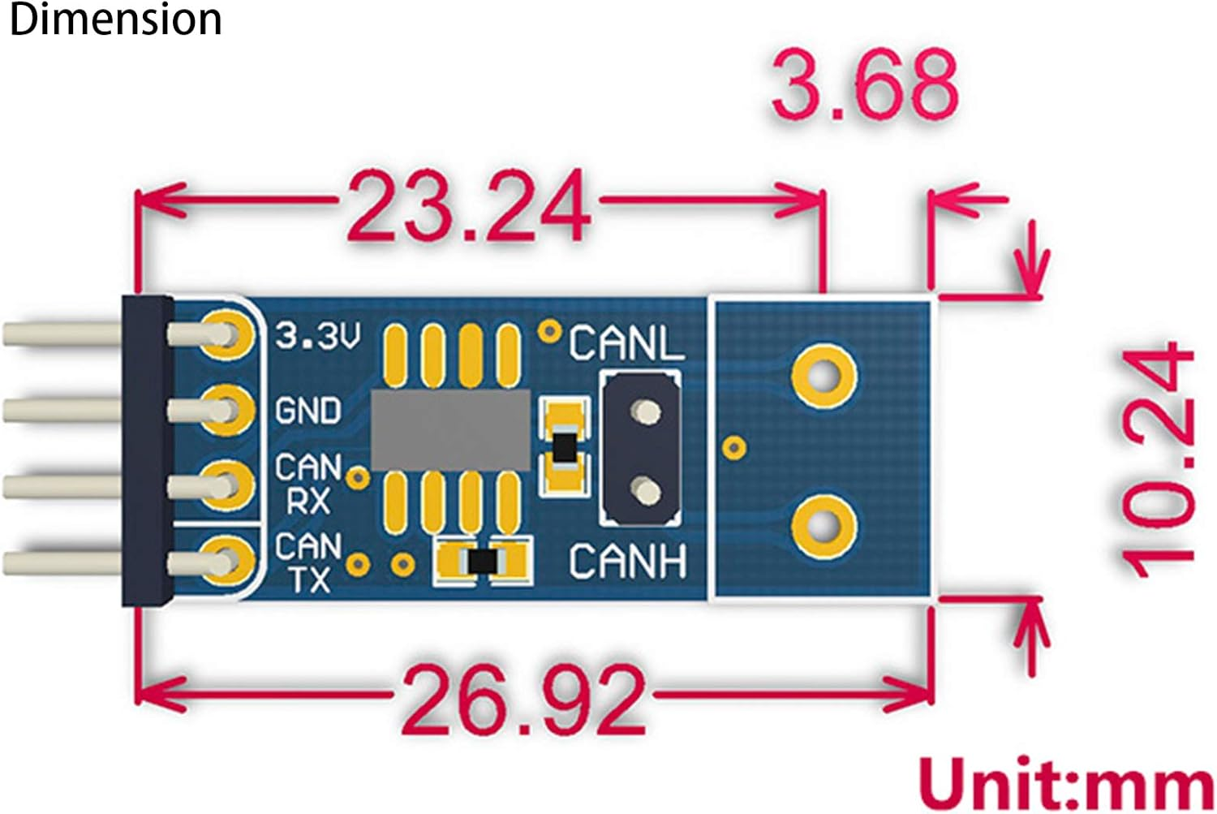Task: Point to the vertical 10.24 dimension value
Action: coord(1156,459)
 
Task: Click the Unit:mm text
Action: coord(1065,783)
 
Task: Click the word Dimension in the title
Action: coord(114,19)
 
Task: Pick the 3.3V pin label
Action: coord(317,335)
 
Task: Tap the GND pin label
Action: coord(307,411)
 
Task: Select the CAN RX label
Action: coord(307,484)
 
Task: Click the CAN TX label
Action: coord(307,562)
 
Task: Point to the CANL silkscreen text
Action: coord(626,343)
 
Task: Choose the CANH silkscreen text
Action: coord(627,562)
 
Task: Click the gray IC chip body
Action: coord(450,429)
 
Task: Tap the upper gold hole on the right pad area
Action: coord(824,376)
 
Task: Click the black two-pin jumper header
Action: coord(639,448)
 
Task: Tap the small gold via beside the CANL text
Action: coord(551,331)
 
